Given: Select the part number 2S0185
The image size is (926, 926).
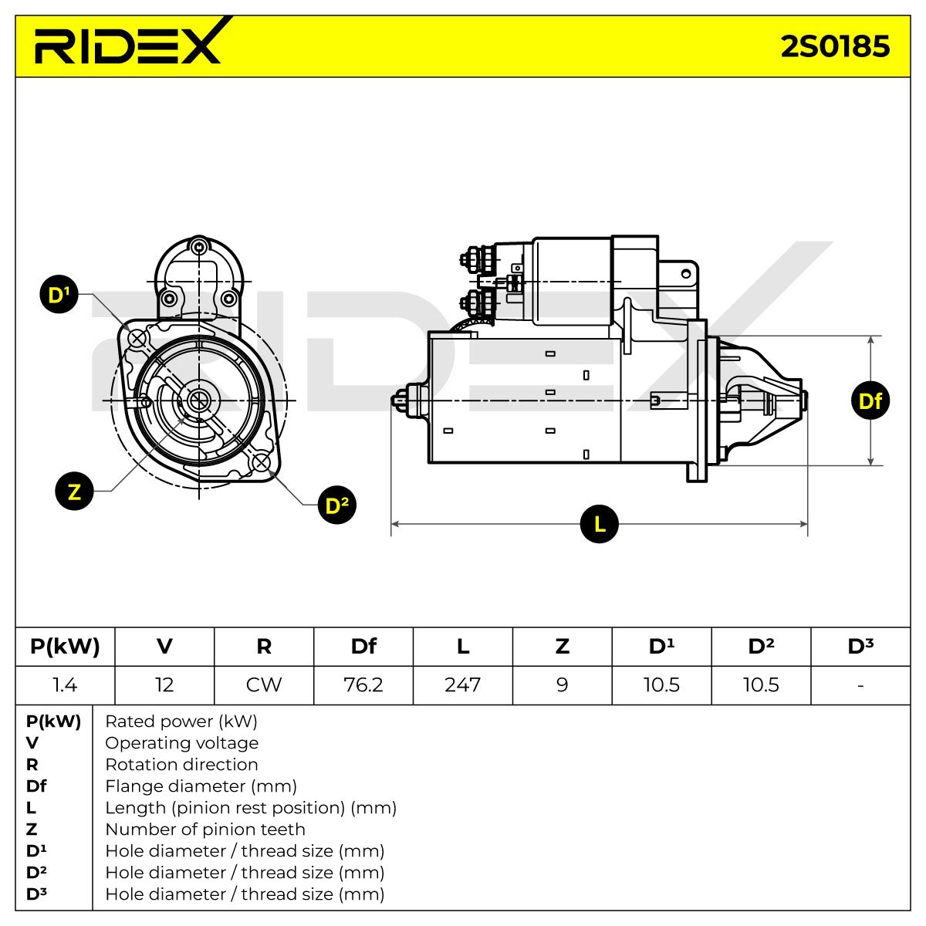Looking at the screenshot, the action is [835, 46].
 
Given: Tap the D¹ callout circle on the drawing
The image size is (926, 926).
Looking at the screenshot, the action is [59, 294].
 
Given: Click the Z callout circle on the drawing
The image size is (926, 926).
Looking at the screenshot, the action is [75, 491].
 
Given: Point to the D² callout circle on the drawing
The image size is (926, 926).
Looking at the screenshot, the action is [337, 505].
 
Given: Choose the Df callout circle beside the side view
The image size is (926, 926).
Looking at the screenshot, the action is [870, 400].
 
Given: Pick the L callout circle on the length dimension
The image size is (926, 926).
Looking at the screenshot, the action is [600, 524].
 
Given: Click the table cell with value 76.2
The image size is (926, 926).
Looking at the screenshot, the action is [363, 684].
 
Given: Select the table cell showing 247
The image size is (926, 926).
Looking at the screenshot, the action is [463, 684].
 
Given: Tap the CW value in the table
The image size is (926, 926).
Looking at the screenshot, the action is [264, 684].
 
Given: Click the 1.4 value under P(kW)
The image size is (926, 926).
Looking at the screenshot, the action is [65, 684].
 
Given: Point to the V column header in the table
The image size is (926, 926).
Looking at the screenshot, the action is [164, 647].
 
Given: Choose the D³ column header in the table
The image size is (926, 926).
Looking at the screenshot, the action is [860, 647].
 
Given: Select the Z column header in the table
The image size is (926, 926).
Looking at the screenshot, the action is [563, 647].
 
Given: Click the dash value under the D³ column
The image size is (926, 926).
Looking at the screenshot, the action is [860, 685].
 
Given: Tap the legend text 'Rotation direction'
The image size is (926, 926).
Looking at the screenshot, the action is [181, 764].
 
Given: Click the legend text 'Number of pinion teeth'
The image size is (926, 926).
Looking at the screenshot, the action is [205, 829].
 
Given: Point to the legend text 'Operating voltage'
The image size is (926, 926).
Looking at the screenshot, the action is [181, 742].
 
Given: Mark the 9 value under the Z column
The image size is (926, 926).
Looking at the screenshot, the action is [563, 684].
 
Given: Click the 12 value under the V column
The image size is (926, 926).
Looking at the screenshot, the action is [164, 684].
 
